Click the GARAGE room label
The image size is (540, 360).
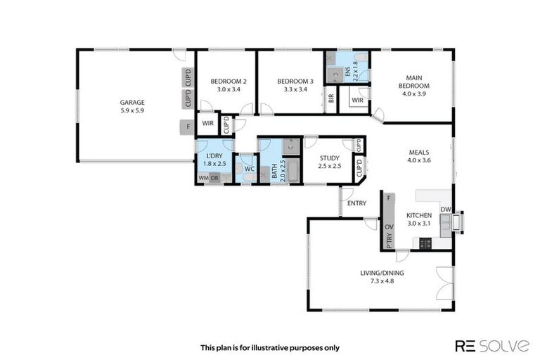pyautogui.click(x=131, y=102)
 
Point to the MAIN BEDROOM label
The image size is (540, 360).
pyautogui.click(x=413, y=82)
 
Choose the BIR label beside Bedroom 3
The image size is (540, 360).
pyautogui.click(x=330, y=100)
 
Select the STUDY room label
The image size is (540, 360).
pyautogui.click(x=329, y=158)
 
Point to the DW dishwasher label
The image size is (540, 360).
pyautogui.click(x=444, y=210)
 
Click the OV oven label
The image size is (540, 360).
pyautogui.click(x=389, y=227)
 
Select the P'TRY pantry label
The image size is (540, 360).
pyautogui.click(x=389, y=241)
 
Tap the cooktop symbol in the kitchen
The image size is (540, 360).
pyautogui.click(x=425, y=243)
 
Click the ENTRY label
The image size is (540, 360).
pyautogui.click(x=356, y=203)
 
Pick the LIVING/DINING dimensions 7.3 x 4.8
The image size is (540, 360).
pyautogui.click(x=382, y=281)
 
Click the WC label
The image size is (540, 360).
pyautogui.click(x=248, y=169)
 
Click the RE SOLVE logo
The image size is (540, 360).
pyautogui.click(x=491, y=345)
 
